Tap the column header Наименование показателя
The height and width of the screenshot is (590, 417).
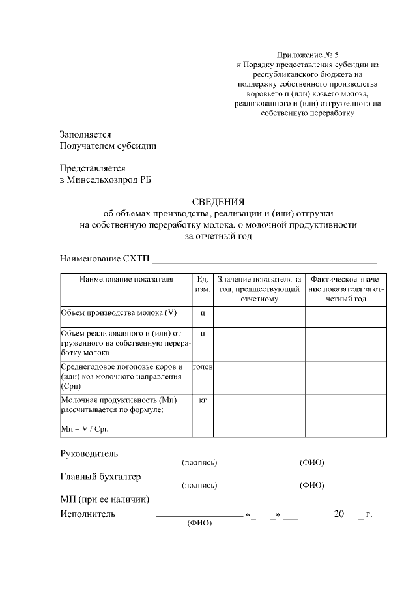pyautogui.click(x=126, y=279)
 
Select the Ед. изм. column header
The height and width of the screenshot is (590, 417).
pyautogui.click(x=203, y=284)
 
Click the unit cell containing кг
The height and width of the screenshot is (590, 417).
pyautogui.click(x=203, y=399)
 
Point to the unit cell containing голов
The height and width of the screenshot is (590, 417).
pyautogui.click(x=203, y=368)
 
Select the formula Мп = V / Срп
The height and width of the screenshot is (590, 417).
pyautogui.click(x=85, y=428)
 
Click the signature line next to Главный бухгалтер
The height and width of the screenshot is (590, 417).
pyautogui.click(x=199, y=477)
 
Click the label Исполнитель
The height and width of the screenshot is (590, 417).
pyautogui.click(x=87, y=514)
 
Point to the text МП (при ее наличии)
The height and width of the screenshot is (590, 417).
pyautogui.click(x=104, y=499)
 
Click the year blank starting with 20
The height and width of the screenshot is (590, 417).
pyautogui.click(x=347, y=514)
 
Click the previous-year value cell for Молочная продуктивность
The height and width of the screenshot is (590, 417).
pyautogui.click(x=259, y=415)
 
